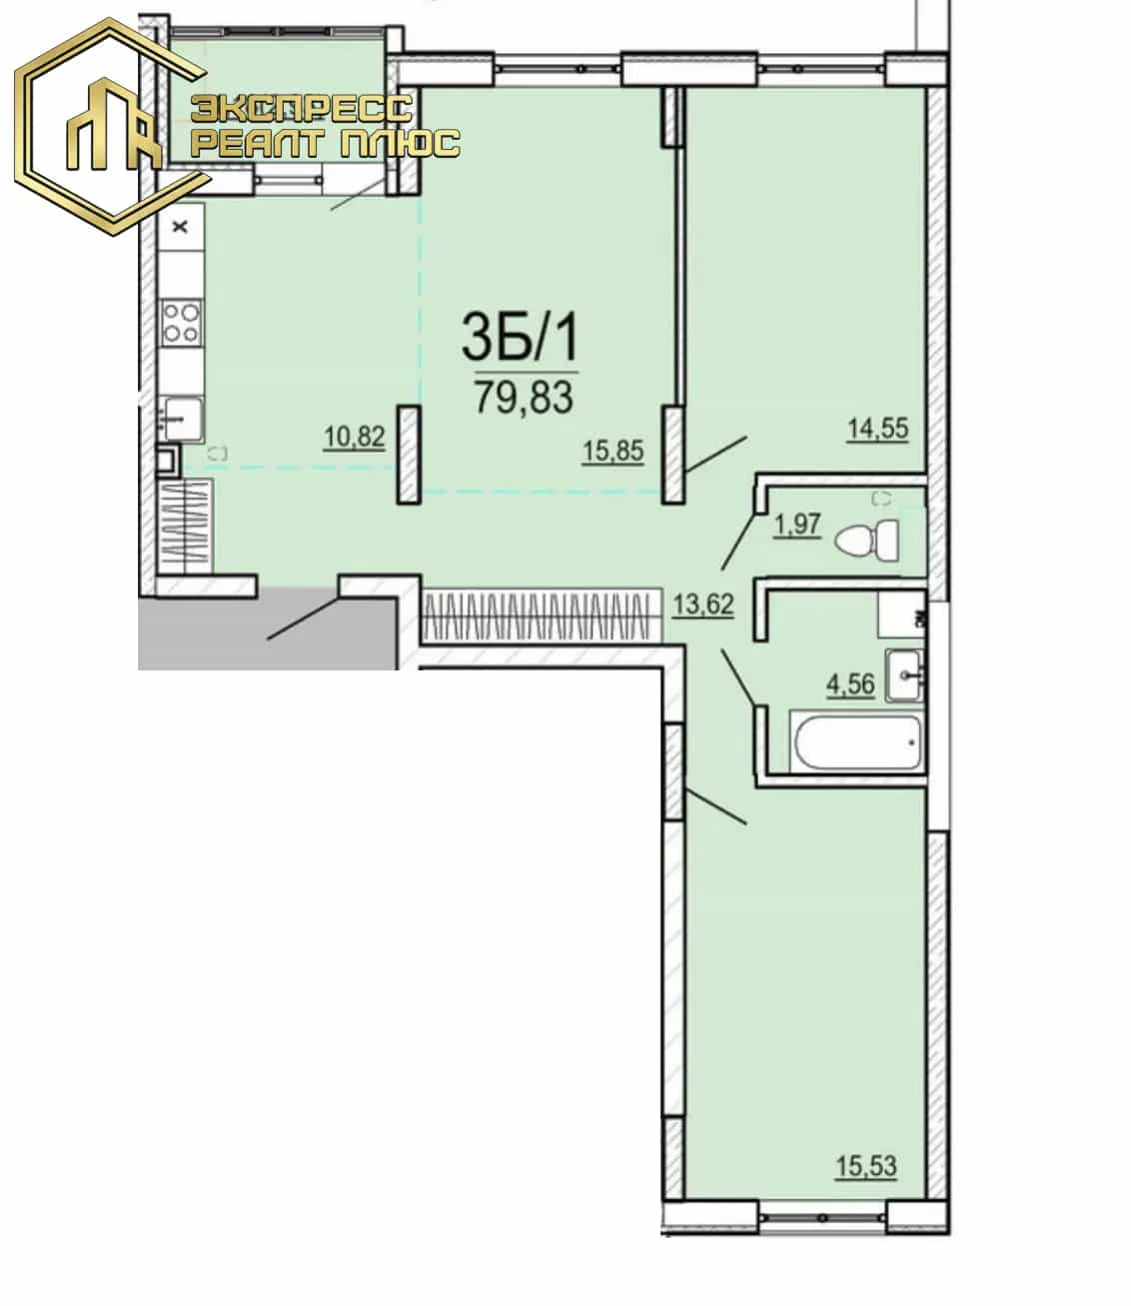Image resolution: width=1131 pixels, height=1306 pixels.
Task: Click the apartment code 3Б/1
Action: (520, 337)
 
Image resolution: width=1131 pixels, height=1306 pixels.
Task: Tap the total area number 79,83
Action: (524, 397)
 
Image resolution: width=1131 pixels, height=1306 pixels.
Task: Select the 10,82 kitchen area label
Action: (354, 436)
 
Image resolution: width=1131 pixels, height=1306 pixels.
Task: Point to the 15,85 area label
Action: (612, 451)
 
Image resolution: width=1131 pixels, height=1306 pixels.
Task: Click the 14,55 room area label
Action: (877, 429)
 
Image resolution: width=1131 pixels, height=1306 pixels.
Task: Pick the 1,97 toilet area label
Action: (797, 525)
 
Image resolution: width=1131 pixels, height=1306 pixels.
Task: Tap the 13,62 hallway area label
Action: (703, 605)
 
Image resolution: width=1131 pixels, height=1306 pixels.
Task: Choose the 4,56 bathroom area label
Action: (850, 684)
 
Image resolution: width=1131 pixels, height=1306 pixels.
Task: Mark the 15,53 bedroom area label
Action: (865, 1166)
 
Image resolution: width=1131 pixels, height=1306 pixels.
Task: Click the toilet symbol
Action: (867, 541)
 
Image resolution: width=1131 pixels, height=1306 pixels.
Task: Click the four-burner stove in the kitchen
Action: (181, 323)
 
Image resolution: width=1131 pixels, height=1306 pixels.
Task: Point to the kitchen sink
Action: (181, 419)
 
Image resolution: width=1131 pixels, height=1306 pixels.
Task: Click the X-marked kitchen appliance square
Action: (181, 226)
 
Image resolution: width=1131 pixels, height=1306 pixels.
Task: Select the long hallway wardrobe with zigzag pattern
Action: (542, 617)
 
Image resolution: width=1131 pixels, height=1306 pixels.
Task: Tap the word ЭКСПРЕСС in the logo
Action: (302, 108)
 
